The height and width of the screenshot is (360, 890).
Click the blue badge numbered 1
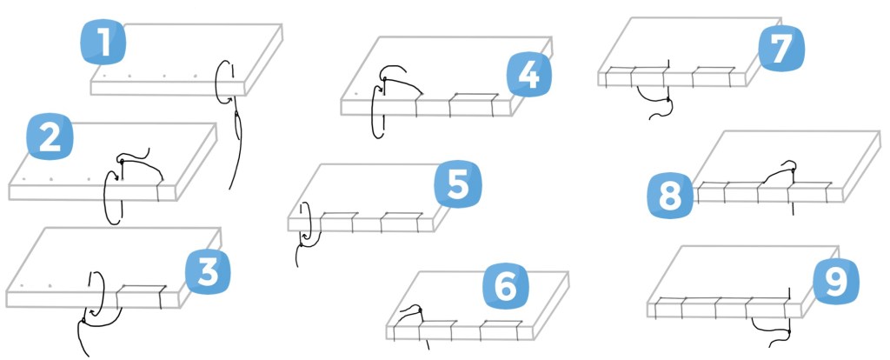click(x=103, y=42)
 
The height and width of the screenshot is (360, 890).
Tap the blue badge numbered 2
click(x=50, y=137)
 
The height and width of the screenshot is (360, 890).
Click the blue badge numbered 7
click(x=781, y=47)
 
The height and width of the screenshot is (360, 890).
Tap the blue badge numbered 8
click(x=670, y=196)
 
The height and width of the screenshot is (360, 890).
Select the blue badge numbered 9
click(x=835, y=281)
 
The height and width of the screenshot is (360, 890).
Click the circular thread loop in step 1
click(x=216, y=83)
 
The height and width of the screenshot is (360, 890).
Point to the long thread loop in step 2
click(x=105, y=196)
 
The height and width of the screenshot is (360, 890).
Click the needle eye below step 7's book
click(x=668, y=101)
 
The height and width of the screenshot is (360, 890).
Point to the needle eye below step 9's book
click(x=788, y=331)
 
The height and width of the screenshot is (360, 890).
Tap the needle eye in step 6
click(x=420, y=310)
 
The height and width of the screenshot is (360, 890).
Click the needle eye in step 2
click(x=121, y=162)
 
